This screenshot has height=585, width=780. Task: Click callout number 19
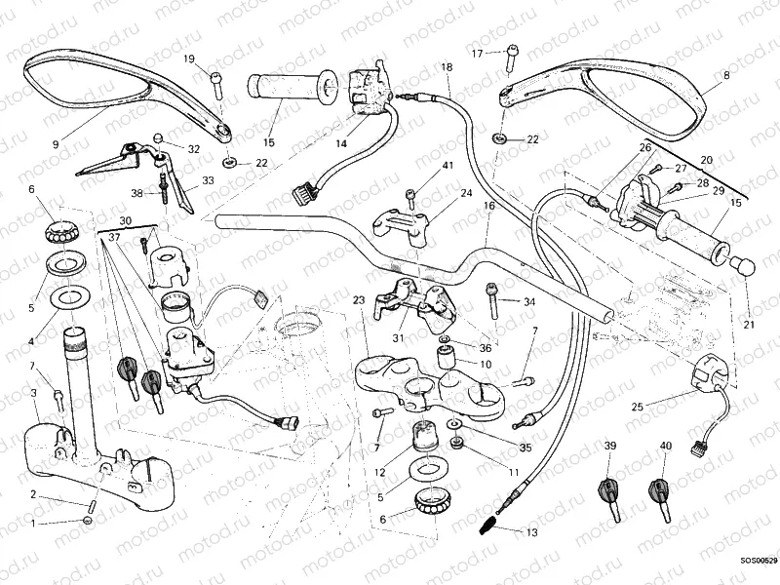click(x=189, y=58)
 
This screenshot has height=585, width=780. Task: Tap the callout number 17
click(x=478, y=53)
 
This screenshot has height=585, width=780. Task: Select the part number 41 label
click(x=448, y=167)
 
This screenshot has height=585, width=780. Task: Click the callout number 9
click(x=56, y=143)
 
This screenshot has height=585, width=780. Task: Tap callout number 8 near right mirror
click(x=725, y=74)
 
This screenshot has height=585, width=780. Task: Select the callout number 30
click(x=125, y=220)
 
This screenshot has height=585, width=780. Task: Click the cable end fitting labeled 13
click(x=490, y=527)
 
